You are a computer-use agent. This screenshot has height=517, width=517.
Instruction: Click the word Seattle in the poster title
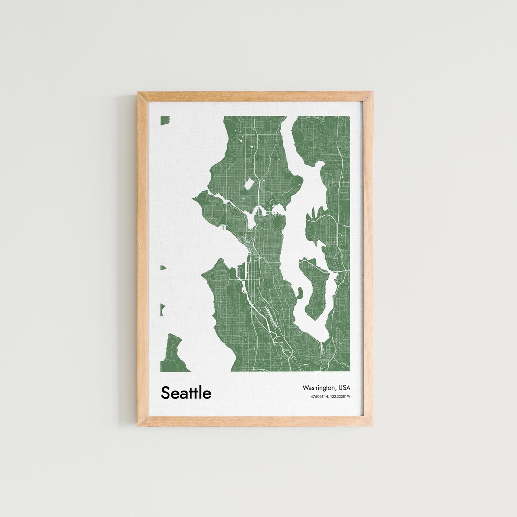coord(186,393)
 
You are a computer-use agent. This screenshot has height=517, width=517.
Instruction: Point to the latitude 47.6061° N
coord(320,396)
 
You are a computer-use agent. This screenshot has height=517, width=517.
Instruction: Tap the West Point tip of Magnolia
coord(196,198)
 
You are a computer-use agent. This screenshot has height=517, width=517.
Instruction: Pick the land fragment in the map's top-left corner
coord(165,120)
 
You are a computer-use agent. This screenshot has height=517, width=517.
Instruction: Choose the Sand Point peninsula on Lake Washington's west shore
coord(297,181)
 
